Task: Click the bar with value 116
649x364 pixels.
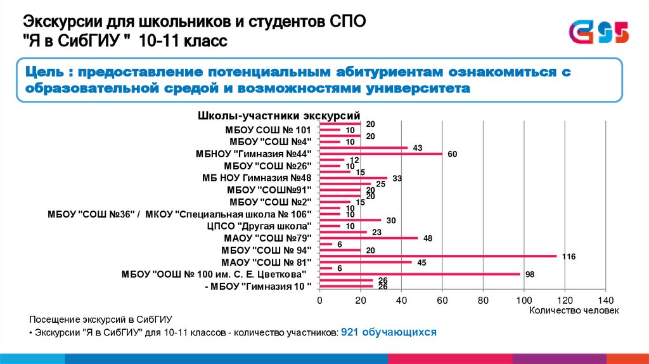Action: (x=437, y=256)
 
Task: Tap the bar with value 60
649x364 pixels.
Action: (x=380, y=154)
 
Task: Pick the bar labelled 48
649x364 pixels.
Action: (x=368, y=238)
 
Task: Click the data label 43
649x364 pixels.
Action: (x=418, y=148)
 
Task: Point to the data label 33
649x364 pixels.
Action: (x=397, y=178)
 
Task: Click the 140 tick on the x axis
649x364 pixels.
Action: (x=605, y=299)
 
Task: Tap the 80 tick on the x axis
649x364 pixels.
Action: (x=483, y=299)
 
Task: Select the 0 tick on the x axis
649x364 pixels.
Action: (x=320, y=299)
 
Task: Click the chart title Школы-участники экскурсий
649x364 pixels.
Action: (x=280, y=116)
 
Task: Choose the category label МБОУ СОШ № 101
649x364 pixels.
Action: (x=268, y=130)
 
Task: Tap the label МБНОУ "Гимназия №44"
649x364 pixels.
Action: (x=254, y=154)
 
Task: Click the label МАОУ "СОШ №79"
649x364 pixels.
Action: (x=268, y=238)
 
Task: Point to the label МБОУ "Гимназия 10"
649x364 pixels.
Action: (x=259, y=286)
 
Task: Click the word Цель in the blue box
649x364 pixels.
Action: (x=46, y=72)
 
